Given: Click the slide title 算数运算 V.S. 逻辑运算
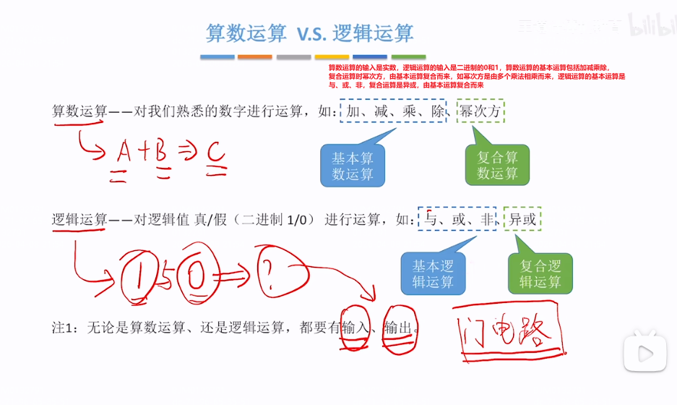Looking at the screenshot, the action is click(309, 33).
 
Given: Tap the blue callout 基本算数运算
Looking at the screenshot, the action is click(353, 166).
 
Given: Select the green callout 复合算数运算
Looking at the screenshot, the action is click(498, 166).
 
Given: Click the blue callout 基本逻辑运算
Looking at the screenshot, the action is click(433, 273).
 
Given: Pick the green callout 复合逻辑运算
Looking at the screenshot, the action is click(540, 273).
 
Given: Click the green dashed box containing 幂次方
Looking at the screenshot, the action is click(480, 112).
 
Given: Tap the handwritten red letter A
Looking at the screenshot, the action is click(124, 151).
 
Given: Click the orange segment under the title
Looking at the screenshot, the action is click(254, 57).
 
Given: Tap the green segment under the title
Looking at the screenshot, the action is click(408, 57).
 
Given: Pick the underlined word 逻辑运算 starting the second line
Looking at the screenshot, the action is click(79, 219).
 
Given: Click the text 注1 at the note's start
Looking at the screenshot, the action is click(64, 328).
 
